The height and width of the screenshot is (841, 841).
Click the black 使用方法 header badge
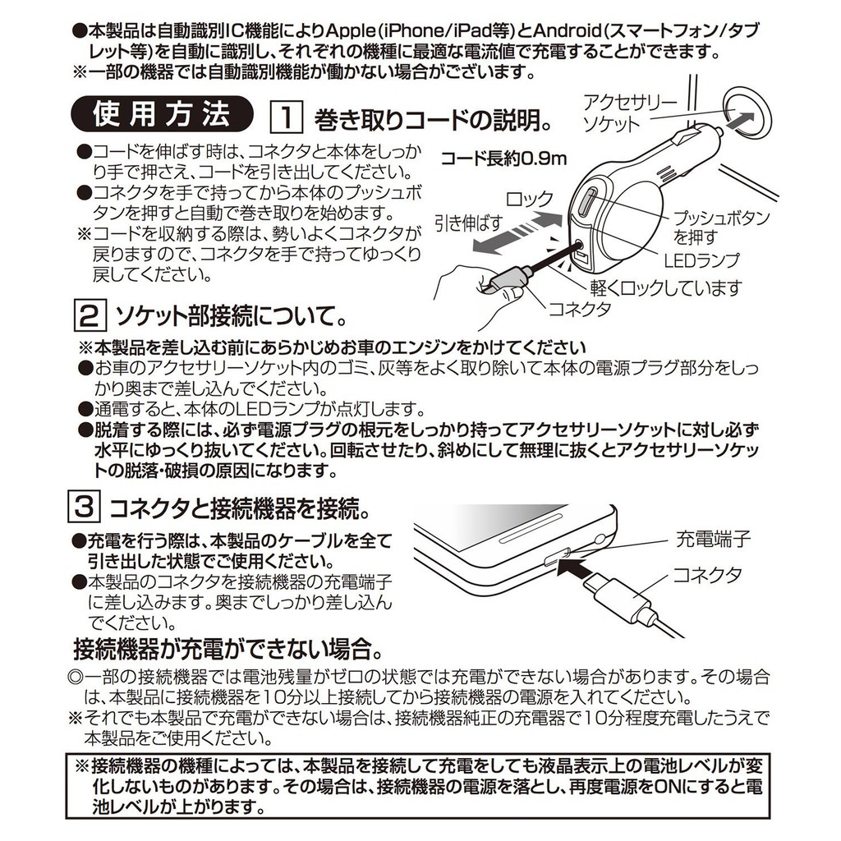pyautogui.click(x=162, y=114)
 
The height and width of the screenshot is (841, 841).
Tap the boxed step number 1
pyautogui.click(x=287, y=117)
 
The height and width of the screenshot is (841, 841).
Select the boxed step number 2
pyautogui.click(x=89, y=316)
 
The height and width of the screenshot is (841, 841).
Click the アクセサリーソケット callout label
pyautogui.click(x=623, y=113)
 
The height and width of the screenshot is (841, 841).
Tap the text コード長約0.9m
pyautogui.click(x=503, y=159)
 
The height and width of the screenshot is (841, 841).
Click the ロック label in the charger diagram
pyautogui.click(x=530, y=199)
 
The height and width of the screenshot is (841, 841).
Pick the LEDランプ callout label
pyautogui.click(x=701, y=260)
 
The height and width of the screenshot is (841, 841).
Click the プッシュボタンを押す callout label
pyautogui.click(x=720, y=227)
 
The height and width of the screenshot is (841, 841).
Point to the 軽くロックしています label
pyautogui.click(x=665, y=288)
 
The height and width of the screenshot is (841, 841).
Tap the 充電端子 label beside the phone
pyautogui.click(x=713, y=538)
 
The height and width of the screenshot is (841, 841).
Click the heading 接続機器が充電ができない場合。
pyautogui.click(x=228, y=649)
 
